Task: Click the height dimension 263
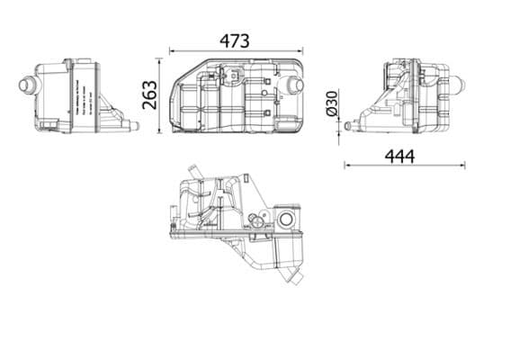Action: [x=150, y=94]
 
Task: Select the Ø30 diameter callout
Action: [x=331, y=103]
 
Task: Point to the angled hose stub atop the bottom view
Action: [x=193, y=170]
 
